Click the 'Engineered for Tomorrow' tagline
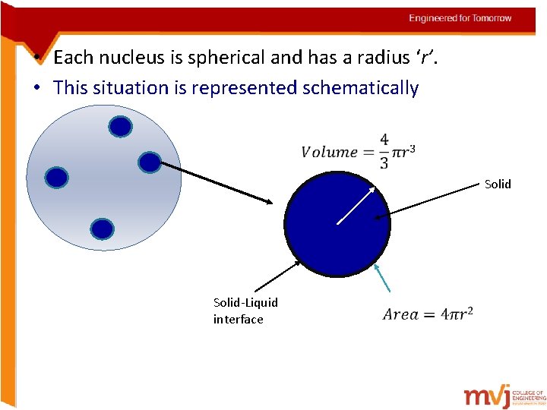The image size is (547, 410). pyautogui.click(x=460, y=18)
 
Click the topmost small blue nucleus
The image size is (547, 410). pyautogui.click(x=120, y=127)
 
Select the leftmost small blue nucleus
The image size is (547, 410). pyautogui.click(x=57, y=178)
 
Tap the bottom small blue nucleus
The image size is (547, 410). pyautogui.click(x=102, y=229)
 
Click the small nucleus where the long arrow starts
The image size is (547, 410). pyautogui.click(x=150, y=162)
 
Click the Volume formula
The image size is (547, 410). pyautogui.click(x=358, y=152)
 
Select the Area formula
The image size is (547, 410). pyautogui.click(x=428, y=314)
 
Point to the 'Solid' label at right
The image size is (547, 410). pyautogui.click(x=498, y=184)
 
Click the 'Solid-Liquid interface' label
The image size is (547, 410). pyautogui.click(x=245, y=311)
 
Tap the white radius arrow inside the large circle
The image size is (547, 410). pyautogui.click(x=356, y=204)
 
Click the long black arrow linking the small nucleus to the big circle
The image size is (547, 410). pyautogui.click(x=217, y=182)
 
